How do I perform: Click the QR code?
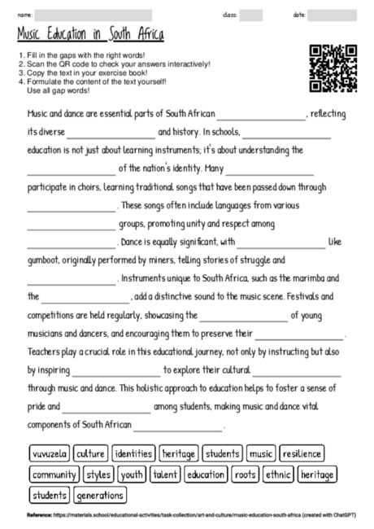click(333, 68)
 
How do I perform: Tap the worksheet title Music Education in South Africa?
click(90, 35)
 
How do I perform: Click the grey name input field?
click(93, 15)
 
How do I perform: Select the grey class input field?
click(251, 15)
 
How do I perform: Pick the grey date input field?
click(333, 15)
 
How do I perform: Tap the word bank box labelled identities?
click(133, 453)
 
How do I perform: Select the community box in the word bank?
click(54, 474)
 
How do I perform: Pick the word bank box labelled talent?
click(165, 474)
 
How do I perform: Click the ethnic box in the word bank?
click(278, 474)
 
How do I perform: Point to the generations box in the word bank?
click(101, 495)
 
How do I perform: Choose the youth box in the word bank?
click(131, 474)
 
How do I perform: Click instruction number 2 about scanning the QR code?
click(114, 63)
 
